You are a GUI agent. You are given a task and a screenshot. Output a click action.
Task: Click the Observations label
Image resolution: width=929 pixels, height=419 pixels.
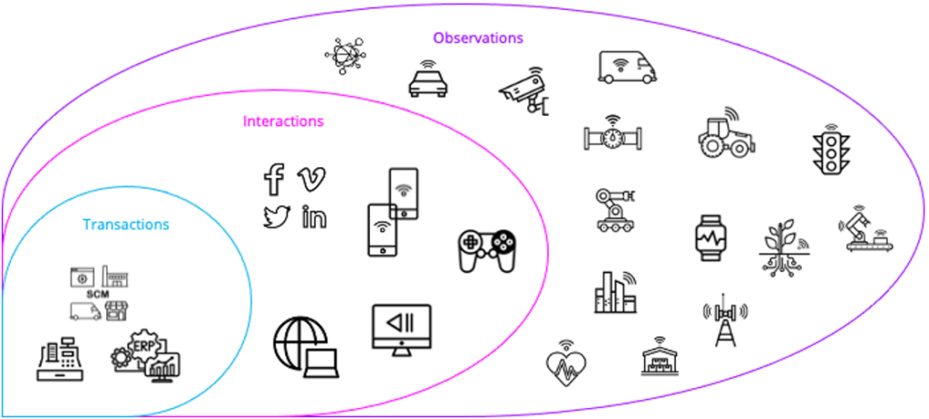pyautogui.click(x=478, y=38)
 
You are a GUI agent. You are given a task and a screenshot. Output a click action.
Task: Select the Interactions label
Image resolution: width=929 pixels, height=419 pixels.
pyautogui.click(x=283, y=121)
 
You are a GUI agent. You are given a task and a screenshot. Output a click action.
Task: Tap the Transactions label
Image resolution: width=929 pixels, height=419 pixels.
pyautogui.click(x=125, y=224)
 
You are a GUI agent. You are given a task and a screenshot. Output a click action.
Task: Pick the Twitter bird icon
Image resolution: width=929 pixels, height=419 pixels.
pyautogui.click(x=275, y=218)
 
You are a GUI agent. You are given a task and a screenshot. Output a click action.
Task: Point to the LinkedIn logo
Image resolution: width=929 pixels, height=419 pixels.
pyautogui.click(x=313, y=218)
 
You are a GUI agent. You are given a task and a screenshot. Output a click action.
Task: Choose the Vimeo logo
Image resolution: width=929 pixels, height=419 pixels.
pyautogui.click(x=311, y=179)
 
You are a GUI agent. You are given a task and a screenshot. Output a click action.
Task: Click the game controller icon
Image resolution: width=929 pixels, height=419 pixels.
pyautogui.click(x=487, y=247)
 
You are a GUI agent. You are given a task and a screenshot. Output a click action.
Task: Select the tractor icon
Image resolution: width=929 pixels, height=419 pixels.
pyautogui.click(x=725, y=135)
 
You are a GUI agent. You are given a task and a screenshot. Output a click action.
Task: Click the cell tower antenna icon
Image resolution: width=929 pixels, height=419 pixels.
pyautogui.click(x=724, y=318)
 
